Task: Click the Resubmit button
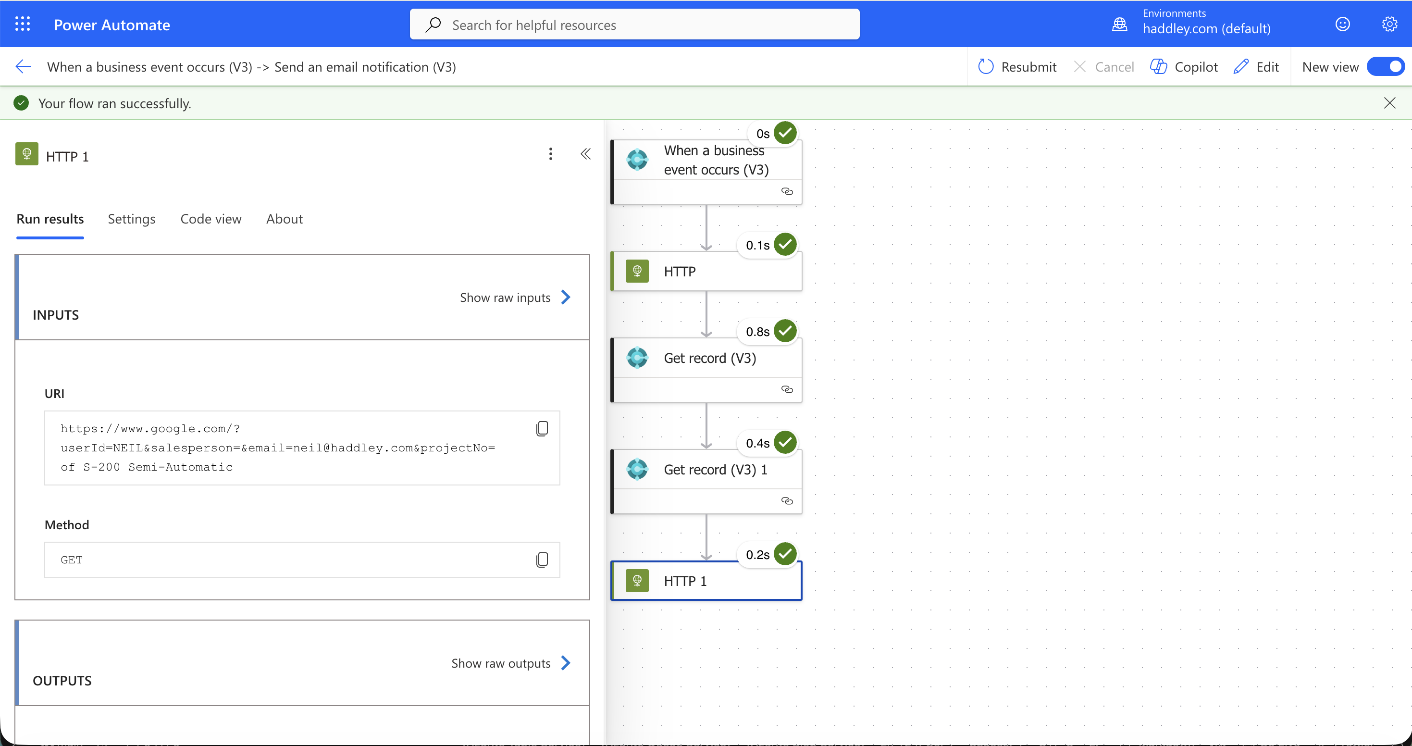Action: pyautogui.click(x=1017, y=67)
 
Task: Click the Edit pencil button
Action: pyautogui.click(x=1256, y=67)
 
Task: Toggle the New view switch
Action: pyautogui.click(x=1385, y=67)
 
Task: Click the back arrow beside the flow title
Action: pyautogui.click(x=23, y=67)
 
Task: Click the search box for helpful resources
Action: pyautogui.click(x=634, y=25)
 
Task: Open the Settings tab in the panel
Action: pyautogui.click(x=132, y=219)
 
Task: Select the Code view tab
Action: pyautogui.click(x=211, y=219)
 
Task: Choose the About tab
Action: pyautogui.click(x=285, y=219)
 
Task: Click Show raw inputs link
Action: pyautogui.click(x=515, y=297)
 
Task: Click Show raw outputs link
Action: pyautogui.click(x=511, y=663)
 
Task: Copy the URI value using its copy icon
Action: pyautogui.click(x=542, y=428)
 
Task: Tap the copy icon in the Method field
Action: pyautogui.click(x=542, y=559)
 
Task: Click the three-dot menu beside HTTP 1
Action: pyautogui.click(x=551, y=154)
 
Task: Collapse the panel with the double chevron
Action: pyautogui.click(x=585, y=154)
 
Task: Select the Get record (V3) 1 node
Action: pyautogui.click(x=706, y=481)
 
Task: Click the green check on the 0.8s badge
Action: pyautogui.click(x=785, y=331)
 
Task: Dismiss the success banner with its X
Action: pyautogui.click(x=1389, y=103)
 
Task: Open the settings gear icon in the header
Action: pyautogui.click(x=1389, y=25)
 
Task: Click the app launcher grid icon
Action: pyautogui.click(x=23, y=24)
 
